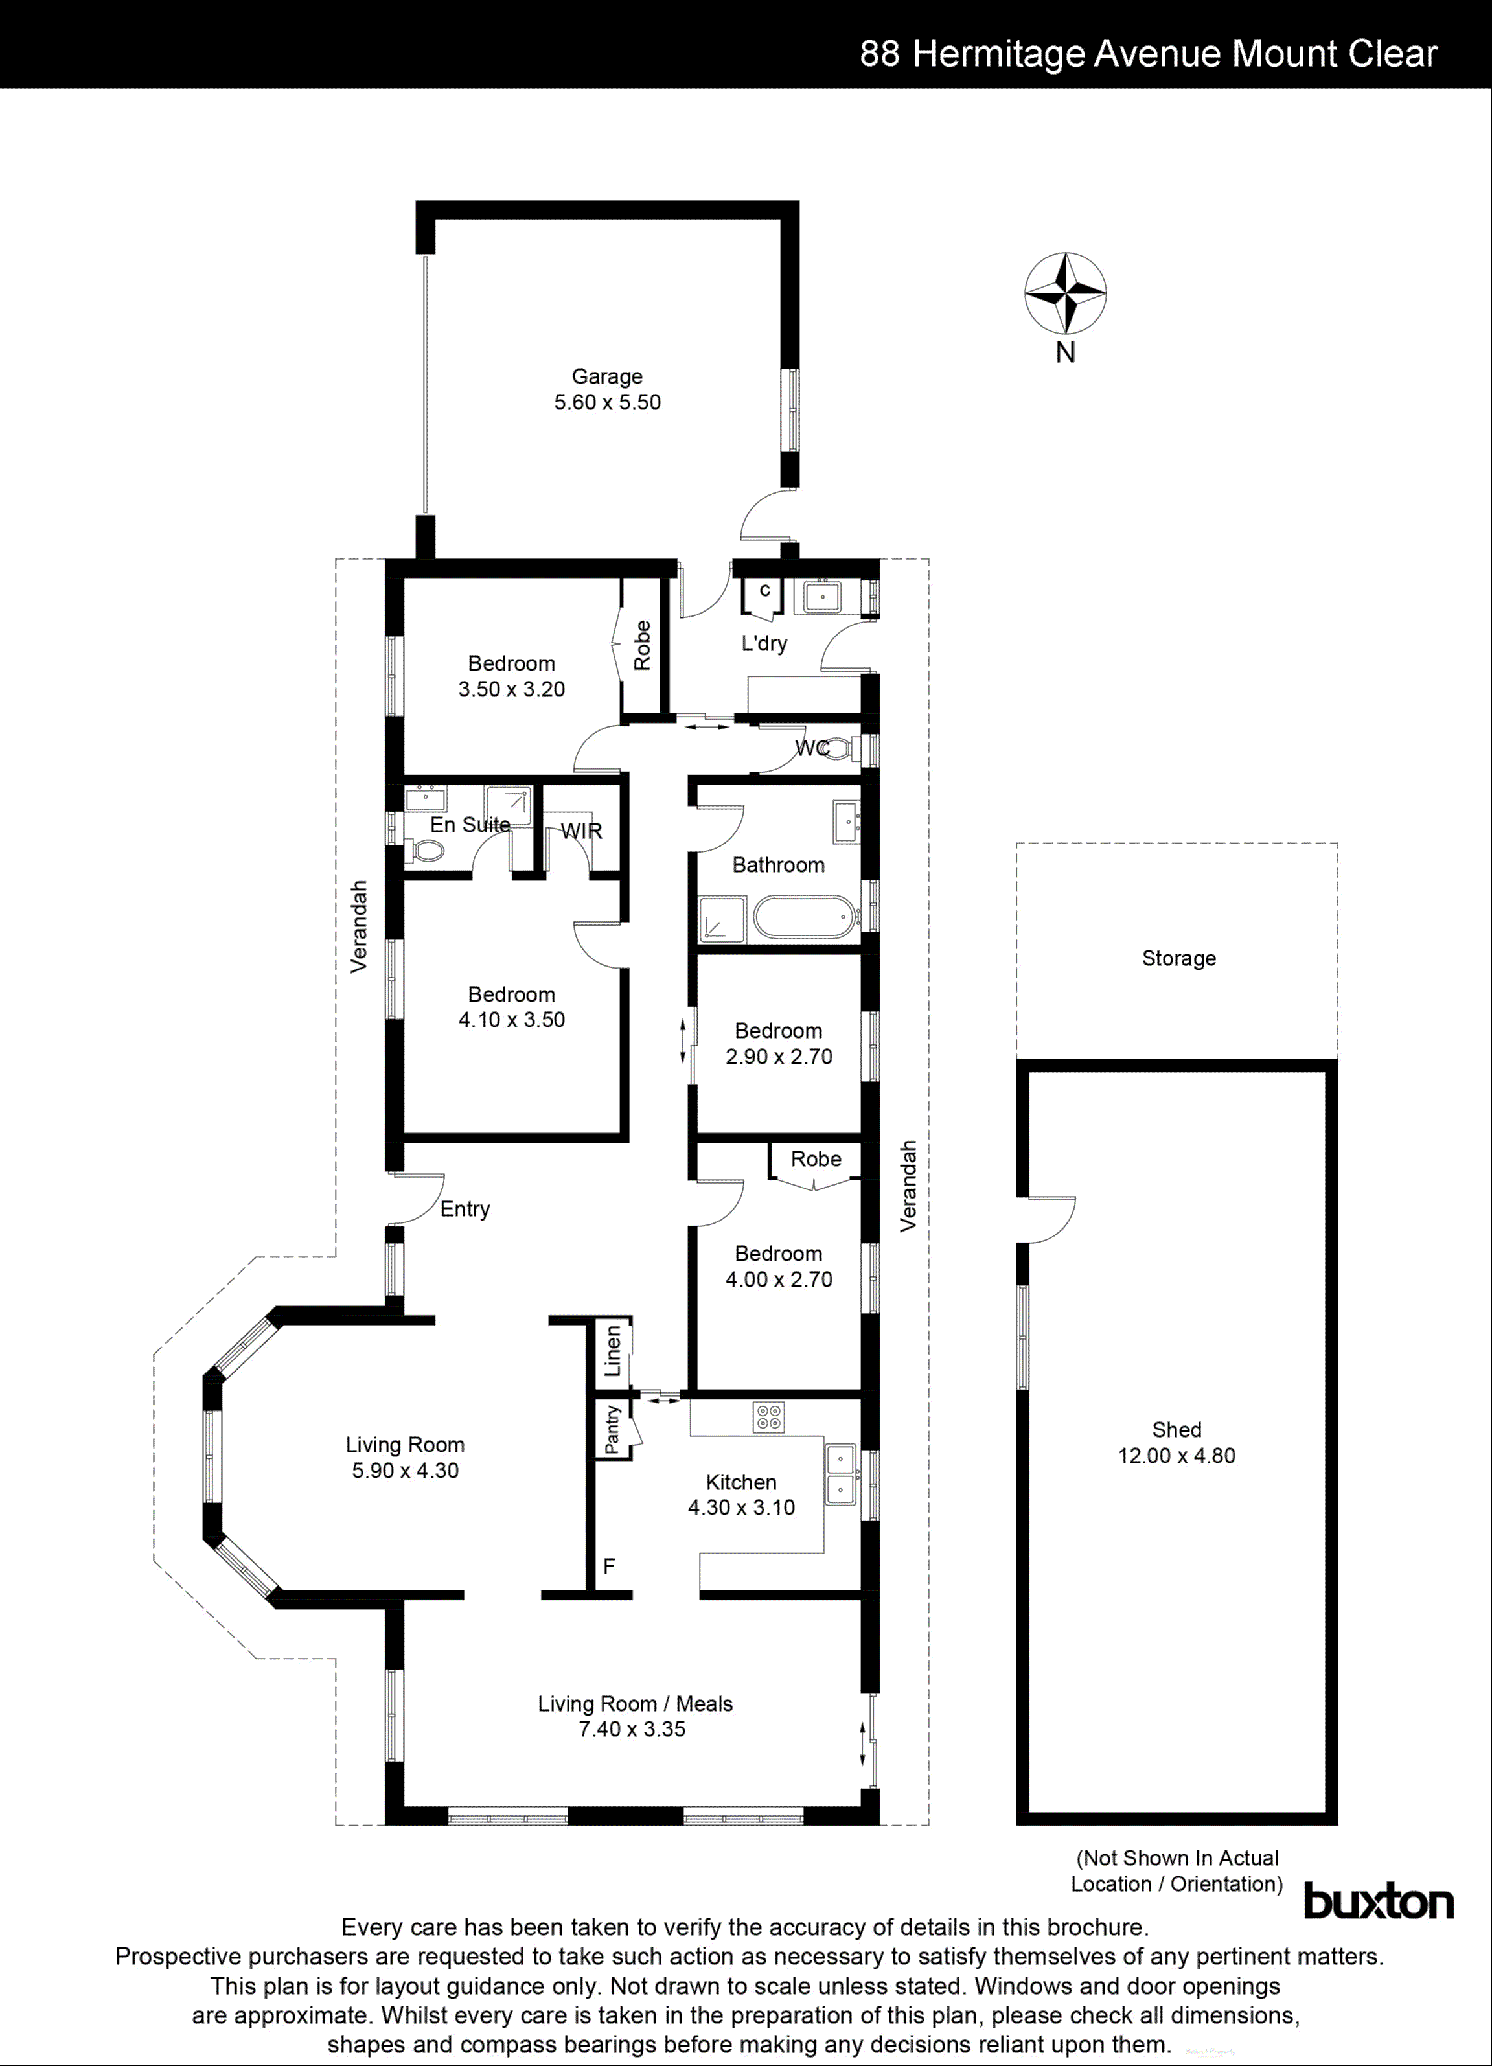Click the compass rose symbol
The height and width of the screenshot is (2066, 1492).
coord(1065,293)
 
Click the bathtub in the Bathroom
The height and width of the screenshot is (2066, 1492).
coord(804,917)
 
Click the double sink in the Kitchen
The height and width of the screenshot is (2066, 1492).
coord(840,1474)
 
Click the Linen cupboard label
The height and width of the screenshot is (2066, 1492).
coord(613,1351)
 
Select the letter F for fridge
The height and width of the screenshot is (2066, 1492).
coord(608,1566)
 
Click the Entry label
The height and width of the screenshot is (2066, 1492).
coord(465,1209)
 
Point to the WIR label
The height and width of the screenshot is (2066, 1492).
coord(581,831)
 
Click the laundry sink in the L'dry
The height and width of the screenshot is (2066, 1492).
coord(823,597)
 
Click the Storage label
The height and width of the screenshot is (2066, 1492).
coord(1178,958)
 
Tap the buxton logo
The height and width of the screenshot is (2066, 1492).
coord(1378,1903)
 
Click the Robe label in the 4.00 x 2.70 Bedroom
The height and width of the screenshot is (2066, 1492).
coord(815,1159)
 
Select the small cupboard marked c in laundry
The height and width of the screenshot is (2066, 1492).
coord(763,592)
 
